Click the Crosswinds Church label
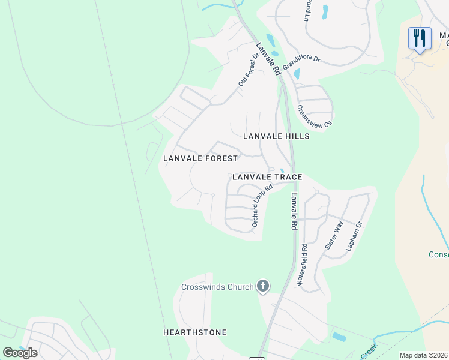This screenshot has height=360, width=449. [217, 287]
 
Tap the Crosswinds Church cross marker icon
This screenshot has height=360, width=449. [262, 286]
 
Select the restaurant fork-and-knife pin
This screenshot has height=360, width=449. [420, 38]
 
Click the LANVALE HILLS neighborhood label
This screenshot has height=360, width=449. [276, 136]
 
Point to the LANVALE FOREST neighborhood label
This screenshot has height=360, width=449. [200, 158]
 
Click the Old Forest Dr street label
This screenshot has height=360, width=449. [248, 70]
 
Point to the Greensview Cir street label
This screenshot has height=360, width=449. [315, 117]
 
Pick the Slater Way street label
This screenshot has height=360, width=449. [334, 235]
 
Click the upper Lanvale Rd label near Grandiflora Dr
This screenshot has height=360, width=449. [268, 58]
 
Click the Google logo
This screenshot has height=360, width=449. [20, 352]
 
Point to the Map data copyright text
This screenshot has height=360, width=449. [424, 355]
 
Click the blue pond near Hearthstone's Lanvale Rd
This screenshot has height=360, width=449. [339, 336]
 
